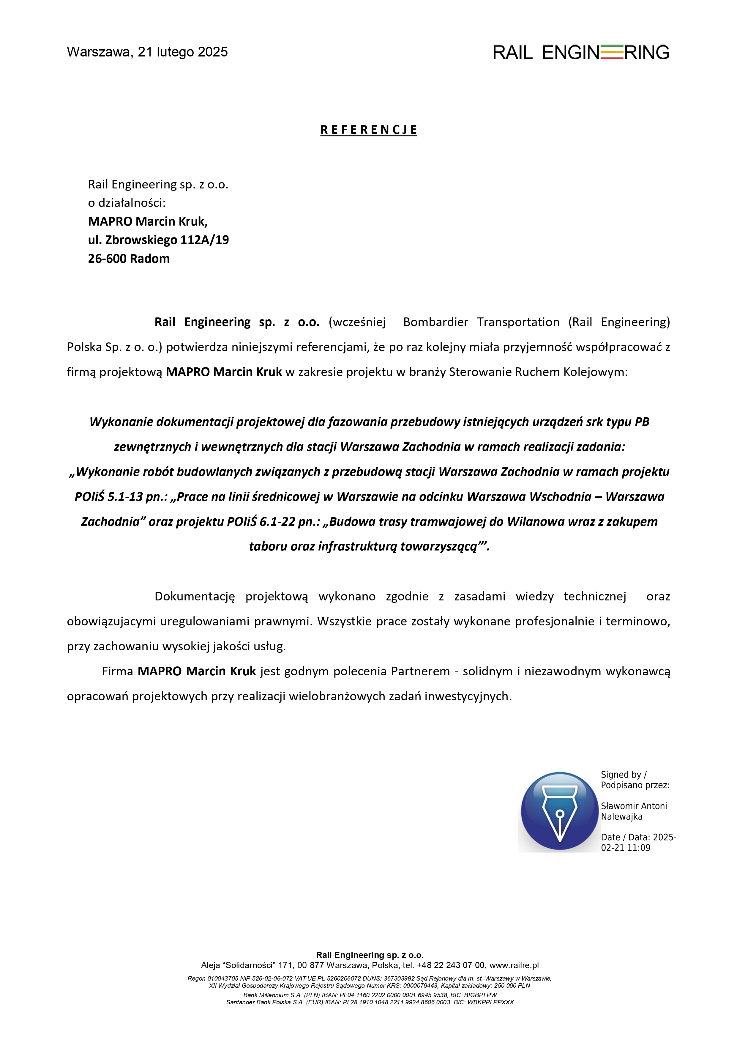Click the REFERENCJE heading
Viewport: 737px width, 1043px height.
[x=368, y=130]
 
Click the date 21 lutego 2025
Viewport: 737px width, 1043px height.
[x=183, y=52]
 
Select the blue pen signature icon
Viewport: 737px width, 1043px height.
[x=559, y=811]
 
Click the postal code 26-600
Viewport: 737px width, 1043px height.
[x=107, y=259]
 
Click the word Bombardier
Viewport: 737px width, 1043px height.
[x=435, y=322]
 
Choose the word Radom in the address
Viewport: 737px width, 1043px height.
[x=149, y=259]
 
